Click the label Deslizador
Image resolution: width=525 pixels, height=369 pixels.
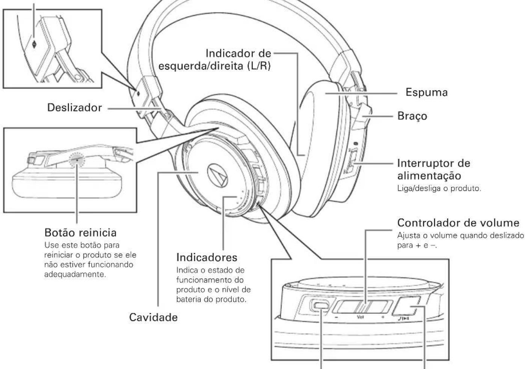(x=74, y=108)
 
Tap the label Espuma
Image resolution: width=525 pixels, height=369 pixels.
(x=427, y=93)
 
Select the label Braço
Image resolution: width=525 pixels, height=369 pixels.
(x=412, y=116)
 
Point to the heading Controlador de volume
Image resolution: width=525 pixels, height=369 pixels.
(x=458, y=223)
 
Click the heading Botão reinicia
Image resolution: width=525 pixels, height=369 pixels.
(x=80, y=232)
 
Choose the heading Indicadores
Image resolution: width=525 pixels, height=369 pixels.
(x=207, y=258)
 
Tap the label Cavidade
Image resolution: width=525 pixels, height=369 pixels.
(x=153, y=318)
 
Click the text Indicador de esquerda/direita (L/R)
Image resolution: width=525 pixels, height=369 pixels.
(x=215, y=60)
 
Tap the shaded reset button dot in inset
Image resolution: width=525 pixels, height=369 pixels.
(x=77, y=160)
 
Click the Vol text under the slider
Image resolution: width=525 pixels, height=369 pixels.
(x=360, y=317)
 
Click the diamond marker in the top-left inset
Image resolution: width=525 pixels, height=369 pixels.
(x=34, y=44)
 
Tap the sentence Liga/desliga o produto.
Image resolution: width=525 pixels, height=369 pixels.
(x=439, y=189)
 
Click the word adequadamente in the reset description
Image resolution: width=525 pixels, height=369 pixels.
(x=75, y=274)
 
